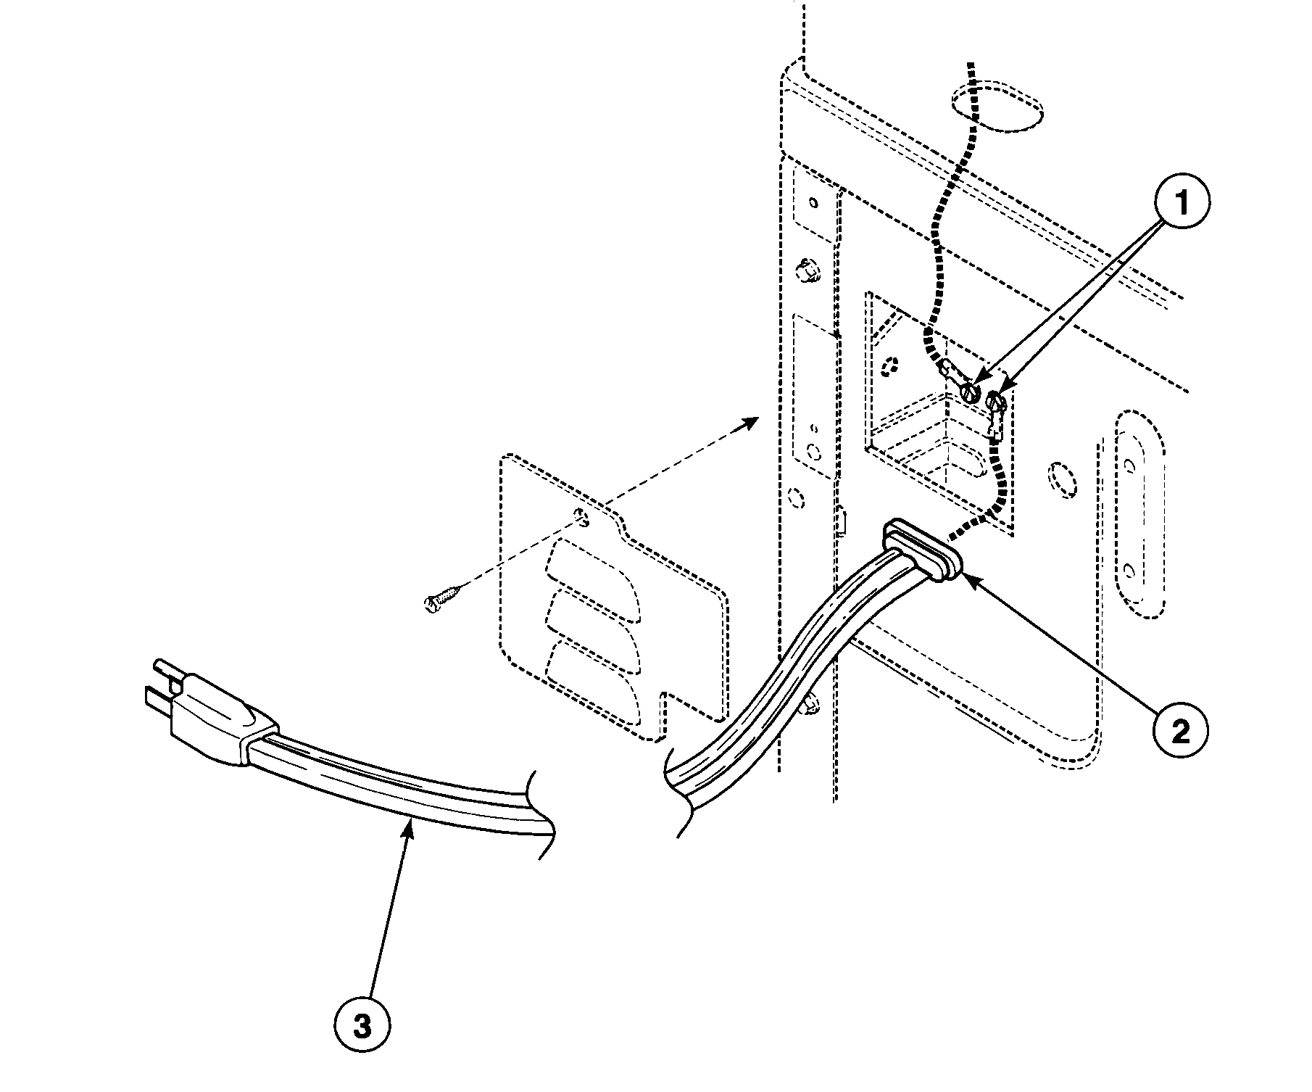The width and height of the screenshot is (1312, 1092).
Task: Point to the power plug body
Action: click(x=217, y=713)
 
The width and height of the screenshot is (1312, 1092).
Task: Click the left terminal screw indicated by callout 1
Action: click(x=970, y=393)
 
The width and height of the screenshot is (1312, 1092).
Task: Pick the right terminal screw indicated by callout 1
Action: click(x=997, y=401)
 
